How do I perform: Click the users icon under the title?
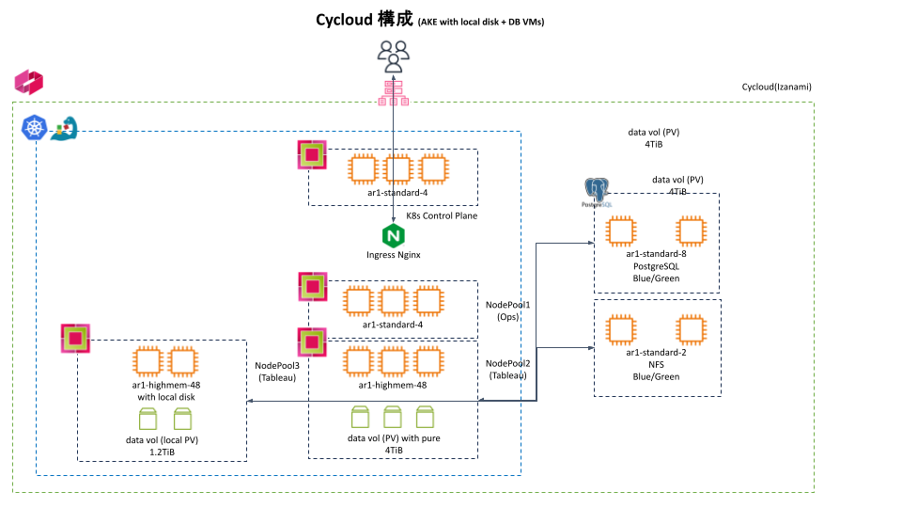[x=393, y=56]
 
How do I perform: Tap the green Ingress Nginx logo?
[x=393, y=235]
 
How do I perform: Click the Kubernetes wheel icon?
[x=35, y=129]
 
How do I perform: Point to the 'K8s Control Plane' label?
[x=441, y=216]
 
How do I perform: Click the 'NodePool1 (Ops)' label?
[x=507, y=311]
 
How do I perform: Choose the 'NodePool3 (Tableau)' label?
[x=277, y=372]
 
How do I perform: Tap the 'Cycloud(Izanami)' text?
[x=776, y=87]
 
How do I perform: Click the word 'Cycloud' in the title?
[x=347, y=21]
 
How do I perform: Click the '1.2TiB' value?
[x=162, y=452]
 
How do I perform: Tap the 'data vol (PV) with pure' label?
[x=393, y=438]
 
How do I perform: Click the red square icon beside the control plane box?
[x=311, y=154]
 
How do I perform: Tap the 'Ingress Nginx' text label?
[x=393, y=255]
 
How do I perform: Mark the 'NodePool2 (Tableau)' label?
[x=507, y=369]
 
